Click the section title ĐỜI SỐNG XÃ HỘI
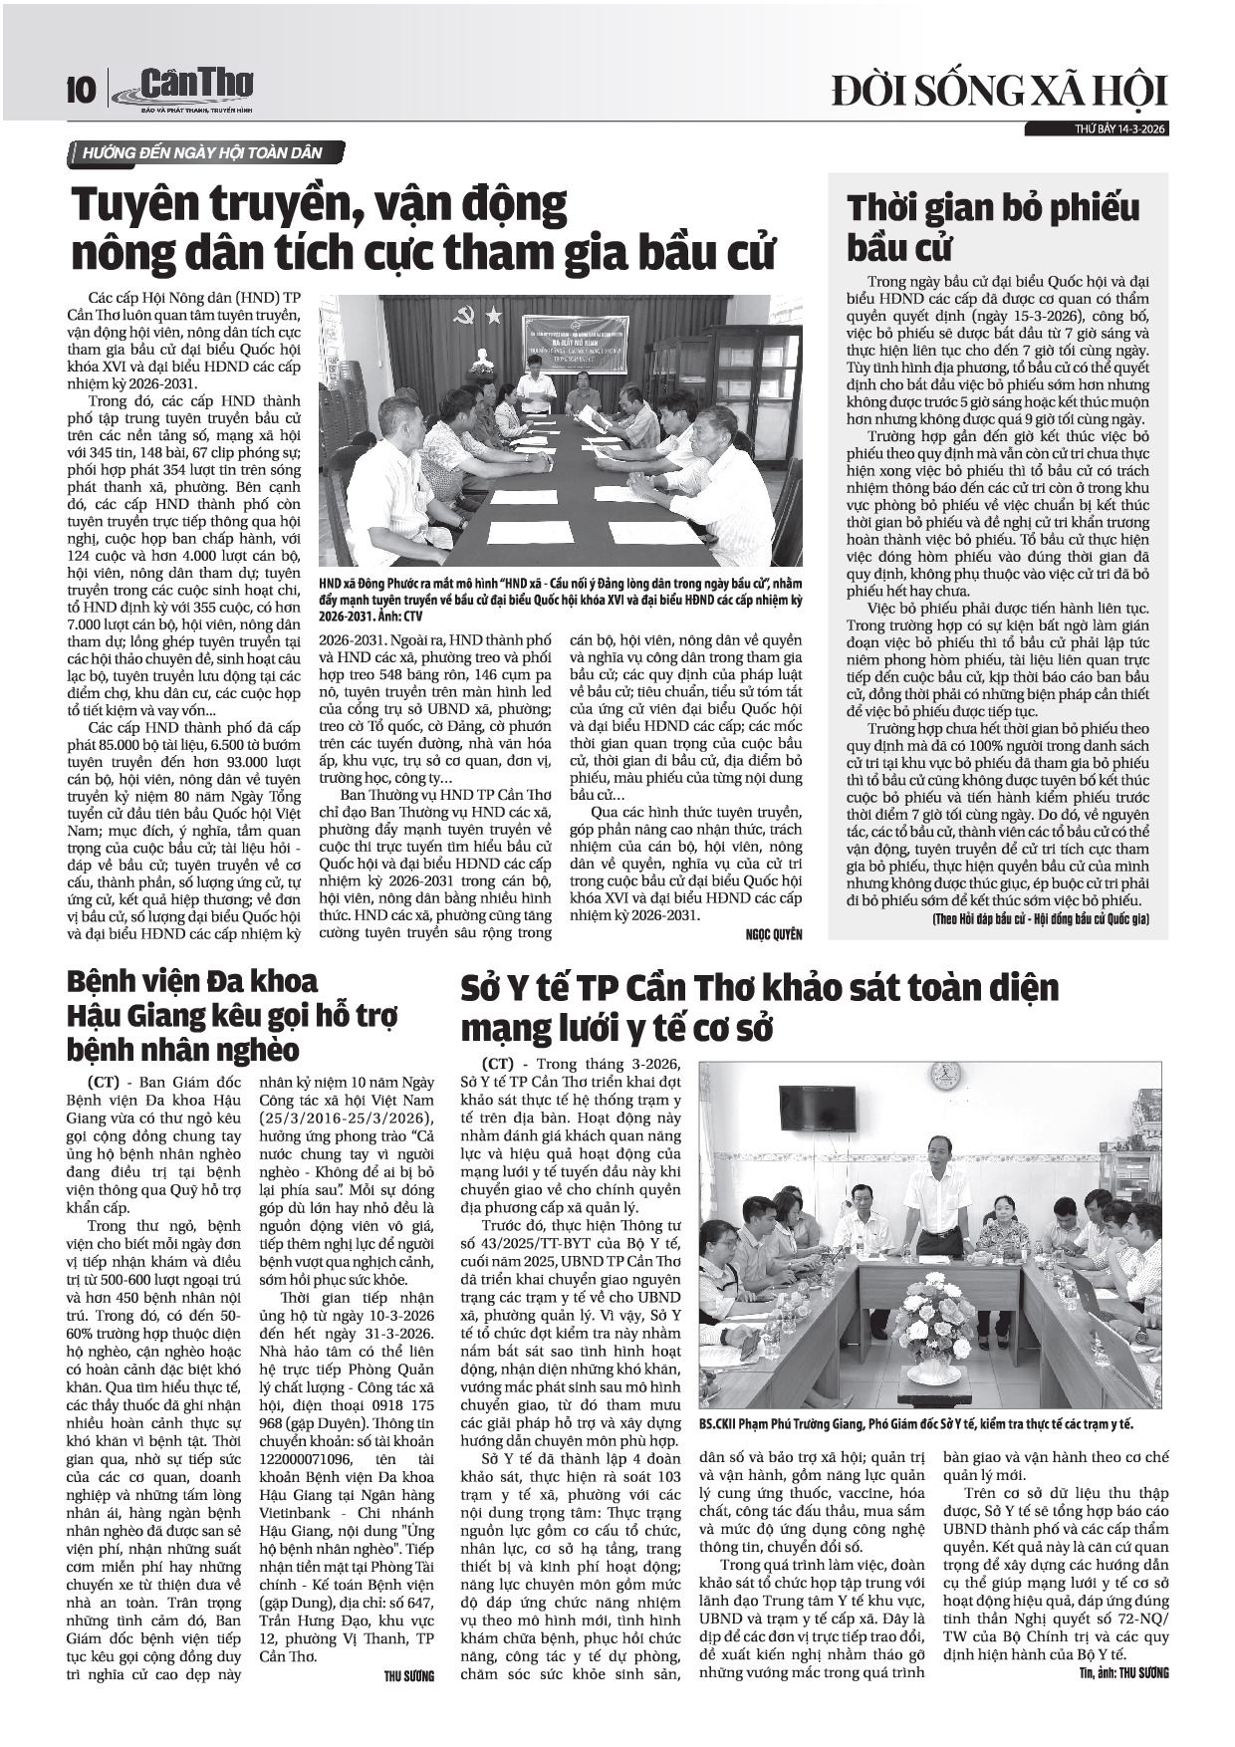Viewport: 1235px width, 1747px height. pyautogui.click(x=999, y=91)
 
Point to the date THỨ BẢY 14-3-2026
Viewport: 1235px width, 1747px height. pyautogui.click(x=1120, y=129)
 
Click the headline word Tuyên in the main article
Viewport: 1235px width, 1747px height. pyautogui.click(x=147, y=206)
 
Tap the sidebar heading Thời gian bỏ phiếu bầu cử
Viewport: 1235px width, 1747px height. pyautogui.click(x=992, y=225)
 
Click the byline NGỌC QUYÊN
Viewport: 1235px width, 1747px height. pyautogui.click(x=773, y=934)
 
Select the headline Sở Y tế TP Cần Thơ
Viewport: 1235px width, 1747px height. pyautogui.click(x=759, y=1006)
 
